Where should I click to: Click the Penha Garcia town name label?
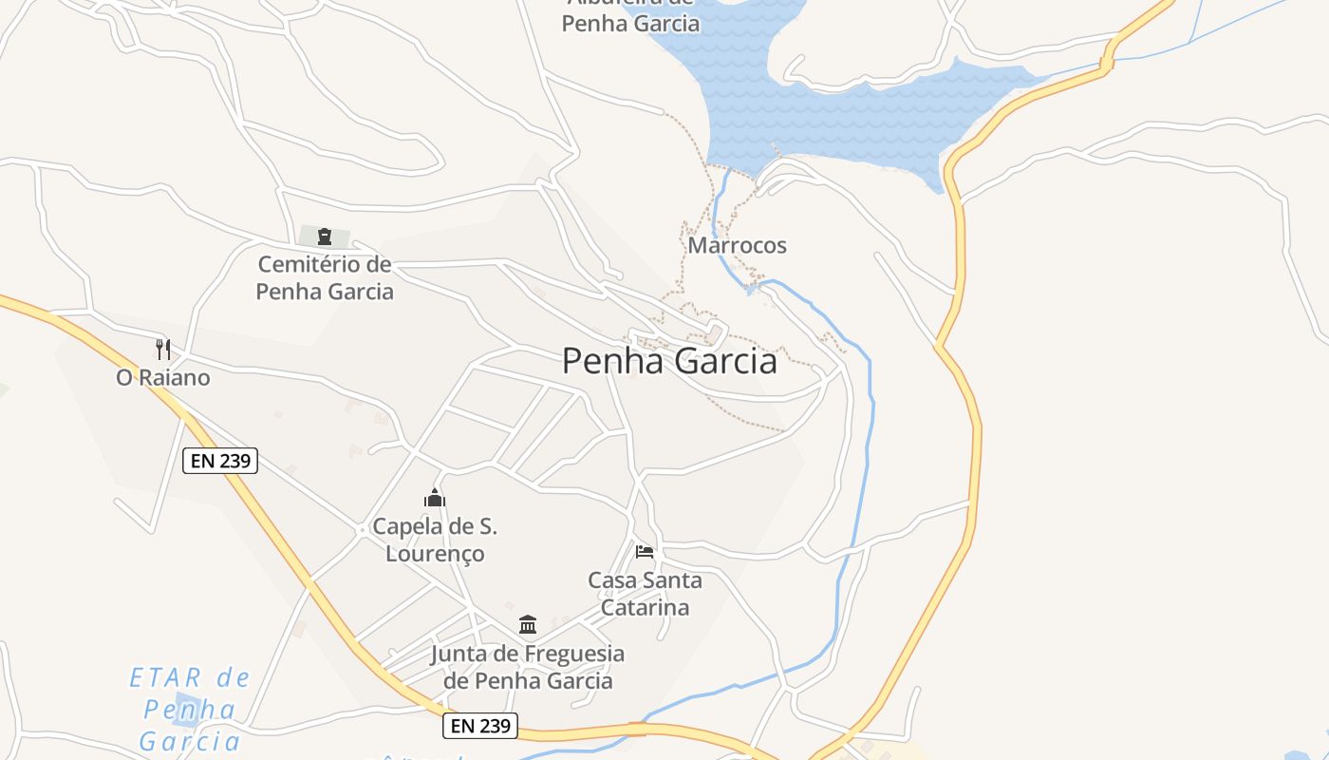click(x=669, y=362)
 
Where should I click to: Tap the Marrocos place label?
click(x=737, y=245)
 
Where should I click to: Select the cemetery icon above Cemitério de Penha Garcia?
click(x=325, y=237)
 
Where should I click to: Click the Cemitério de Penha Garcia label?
click(x=325, y=277)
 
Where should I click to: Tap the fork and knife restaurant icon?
click(x=163, y=349)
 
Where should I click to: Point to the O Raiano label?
click(x=163, y=378)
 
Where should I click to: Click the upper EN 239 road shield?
click(x=220, y=462)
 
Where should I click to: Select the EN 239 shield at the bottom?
click(x=480, y=727)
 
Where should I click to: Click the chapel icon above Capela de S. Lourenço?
click(x=435, y=498)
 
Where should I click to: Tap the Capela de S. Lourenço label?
click(x=435, y=540)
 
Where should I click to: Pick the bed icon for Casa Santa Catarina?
click(x=645, y=551)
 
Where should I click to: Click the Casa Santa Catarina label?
click(x=645, y=594)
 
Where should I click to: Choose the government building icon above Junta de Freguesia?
click(x=528, y=624)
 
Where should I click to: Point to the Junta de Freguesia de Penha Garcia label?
click(x=528, y=667)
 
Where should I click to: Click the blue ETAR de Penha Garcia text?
click(x=190, y=709)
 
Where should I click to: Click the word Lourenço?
click(x=435, y=554)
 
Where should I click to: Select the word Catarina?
click(x=645, y=608)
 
